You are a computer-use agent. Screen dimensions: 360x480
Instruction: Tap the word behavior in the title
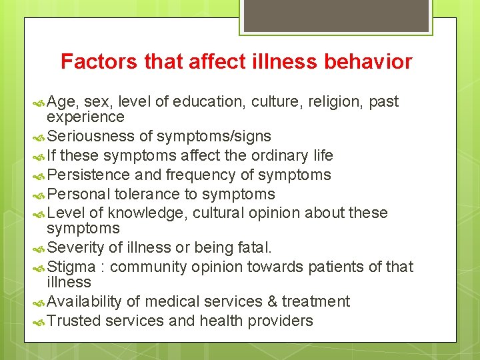coord(369,62)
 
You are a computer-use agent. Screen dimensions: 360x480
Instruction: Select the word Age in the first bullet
coord(63,102)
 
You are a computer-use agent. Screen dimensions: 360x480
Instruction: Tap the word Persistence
coord(90,175)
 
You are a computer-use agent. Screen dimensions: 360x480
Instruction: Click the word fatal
coord(255,248)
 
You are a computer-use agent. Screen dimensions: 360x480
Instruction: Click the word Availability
coord(85,302)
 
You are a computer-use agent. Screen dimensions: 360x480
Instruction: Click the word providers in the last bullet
coord(280,321)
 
